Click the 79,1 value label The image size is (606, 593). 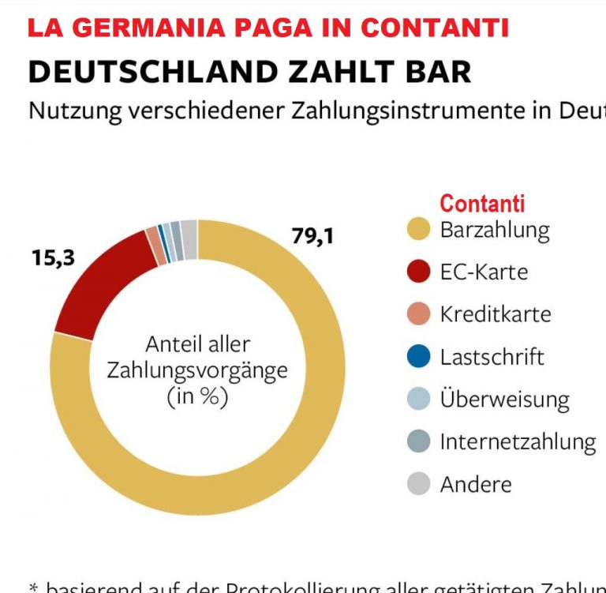tap(312, 236)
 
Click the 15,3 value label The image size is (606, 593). tap(53, 257)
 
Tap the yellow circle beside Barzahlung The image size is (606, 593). tap(419, 230)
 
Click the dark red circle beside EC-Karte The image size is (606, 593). tap(419, 272)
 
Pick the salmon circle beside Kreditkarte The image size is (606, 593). tap(419, 314)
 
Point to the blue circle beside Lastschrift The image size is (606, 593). tap(419, 357)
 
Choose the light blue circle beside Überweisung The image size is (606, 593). tap(419, 399)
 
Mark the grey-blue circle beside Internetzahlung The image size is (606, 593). tap(419, 441)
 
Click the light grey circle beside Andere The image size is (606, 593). tap(419, 484)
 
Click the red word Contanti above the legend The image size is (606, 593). tap(482, 204)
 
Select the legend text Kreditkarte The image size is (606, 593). tap(496, 314)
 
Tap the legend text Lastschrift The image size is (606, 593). tap(492, 357)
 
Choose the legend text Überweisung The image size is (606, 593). tap(504, 399)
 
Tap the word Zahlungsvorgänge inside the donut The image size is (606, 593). tap(197, 370)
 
